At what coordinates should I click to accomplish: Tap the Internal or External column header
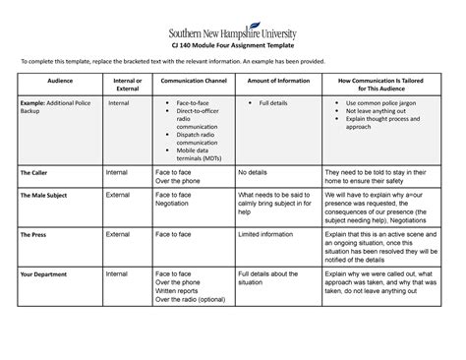point(127,87)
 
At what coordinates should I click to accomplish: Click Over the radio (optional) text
point(197,300)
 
